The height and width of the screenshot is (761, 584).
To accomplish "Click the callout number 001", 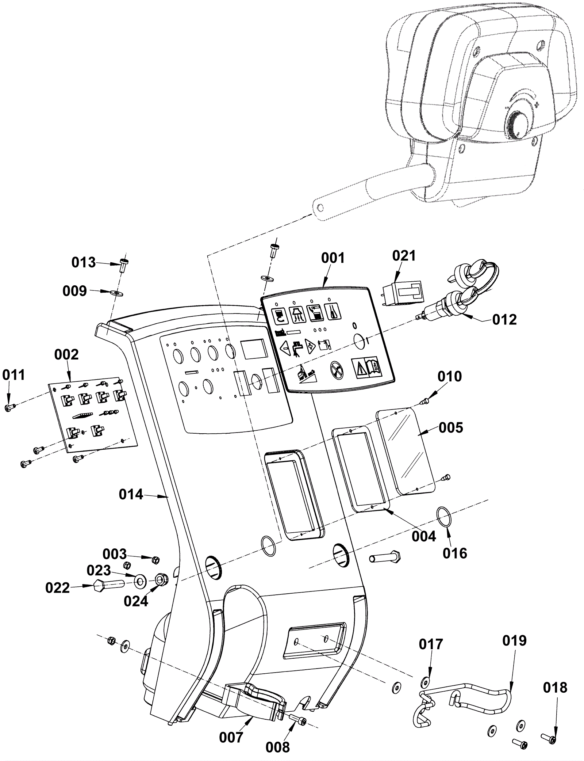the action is (333, 258).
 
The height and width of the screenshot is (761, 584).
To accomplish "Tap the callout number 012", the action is (504, 320).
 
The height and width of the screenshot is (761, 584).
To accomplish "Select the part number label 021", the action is (404, 256).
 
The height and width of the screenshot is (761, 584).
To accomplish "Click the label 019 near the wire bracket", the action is (514, 640).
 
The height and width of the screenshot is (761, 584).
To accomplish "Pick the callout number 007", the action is (231, 737).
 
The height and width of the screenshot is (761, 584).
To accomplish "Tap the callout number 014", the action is (131, 495).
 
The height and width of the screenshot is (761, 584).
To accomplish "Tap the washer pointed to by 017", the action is (425, 680).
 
